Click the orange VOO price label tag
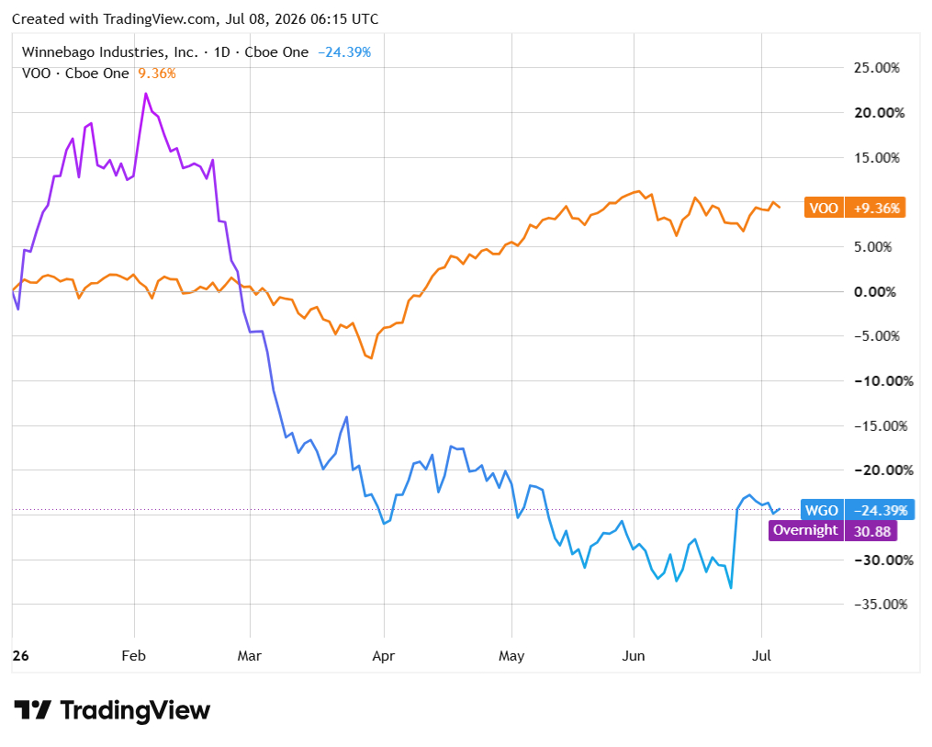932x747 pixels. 824,208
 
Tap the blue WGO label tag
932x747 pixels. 822,510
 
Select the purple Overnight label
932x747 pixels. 805,530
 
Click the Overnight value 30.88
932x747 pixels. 871,530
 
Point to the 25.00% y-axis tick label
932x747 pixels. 876,68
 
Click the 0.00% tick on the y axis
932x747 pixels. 874,292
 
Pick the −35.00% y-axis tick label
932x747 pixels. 881,605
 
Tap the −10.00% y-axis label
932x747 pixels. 883,381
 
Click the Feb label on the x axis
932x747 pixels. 134,655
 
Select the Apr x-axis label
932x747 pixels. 384,656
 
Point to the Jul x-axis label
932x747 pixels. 761,655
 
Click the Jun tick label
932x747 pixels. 634,655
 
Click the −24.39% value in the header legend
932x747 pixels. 344,52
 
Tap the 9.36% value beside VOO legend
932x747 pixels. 157,74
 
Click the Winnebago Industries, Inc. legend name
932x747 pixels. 110,52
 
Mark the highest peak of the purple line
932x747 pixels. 146,94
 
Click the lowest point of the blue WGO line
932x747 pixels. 731,588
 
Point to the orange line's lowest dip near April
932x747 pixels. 372,358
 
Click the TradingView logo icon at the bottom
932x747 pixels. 33,710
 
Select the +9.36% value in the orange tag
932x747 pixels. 876,209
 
